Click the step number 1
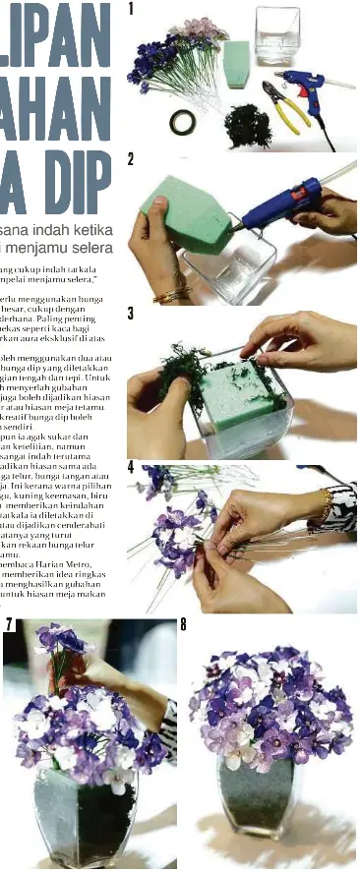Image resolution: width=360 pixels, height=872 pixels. click(131, 9)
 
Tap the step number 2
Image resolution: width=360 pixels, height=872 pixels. click(131, 160)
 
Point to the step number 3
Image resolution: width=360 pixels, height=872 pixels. click(131, 314)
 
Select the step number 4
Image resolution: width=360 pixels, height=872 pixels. click(131, 467)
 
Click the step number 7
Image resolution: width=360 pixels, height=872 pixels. click(9, 625)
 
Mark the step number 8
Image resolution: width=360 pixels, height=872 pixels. click(184, 625)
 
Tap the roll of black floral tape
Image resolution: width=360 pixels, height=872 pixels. click(181, 122)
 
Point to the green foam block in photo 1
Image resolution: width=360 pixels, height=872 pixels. click(235, 63)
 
